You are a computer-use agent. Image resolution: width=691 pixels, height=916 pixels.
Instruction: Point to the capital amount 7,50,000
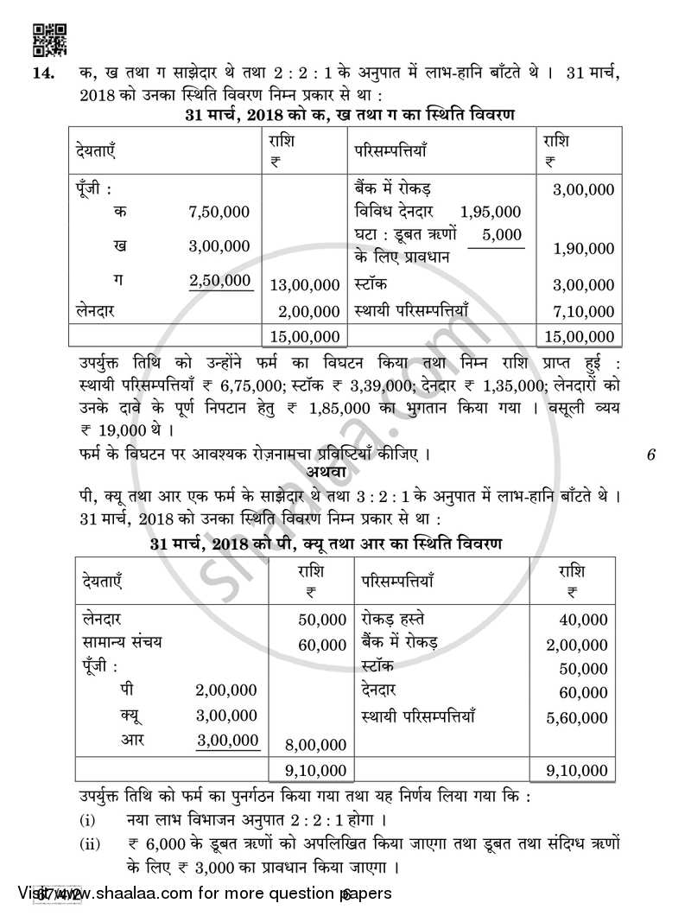coord(219,212)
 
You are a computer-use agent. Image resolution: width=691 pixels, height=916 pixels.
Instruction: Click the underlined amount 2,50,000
coord(220,281)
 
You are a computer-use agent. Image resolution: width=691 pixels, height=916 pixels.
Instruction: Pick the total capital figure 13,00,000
coord(304,284)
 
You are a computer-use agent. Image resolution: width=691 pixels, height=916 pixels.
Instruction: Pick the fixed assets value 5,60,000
coord(577,717)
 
